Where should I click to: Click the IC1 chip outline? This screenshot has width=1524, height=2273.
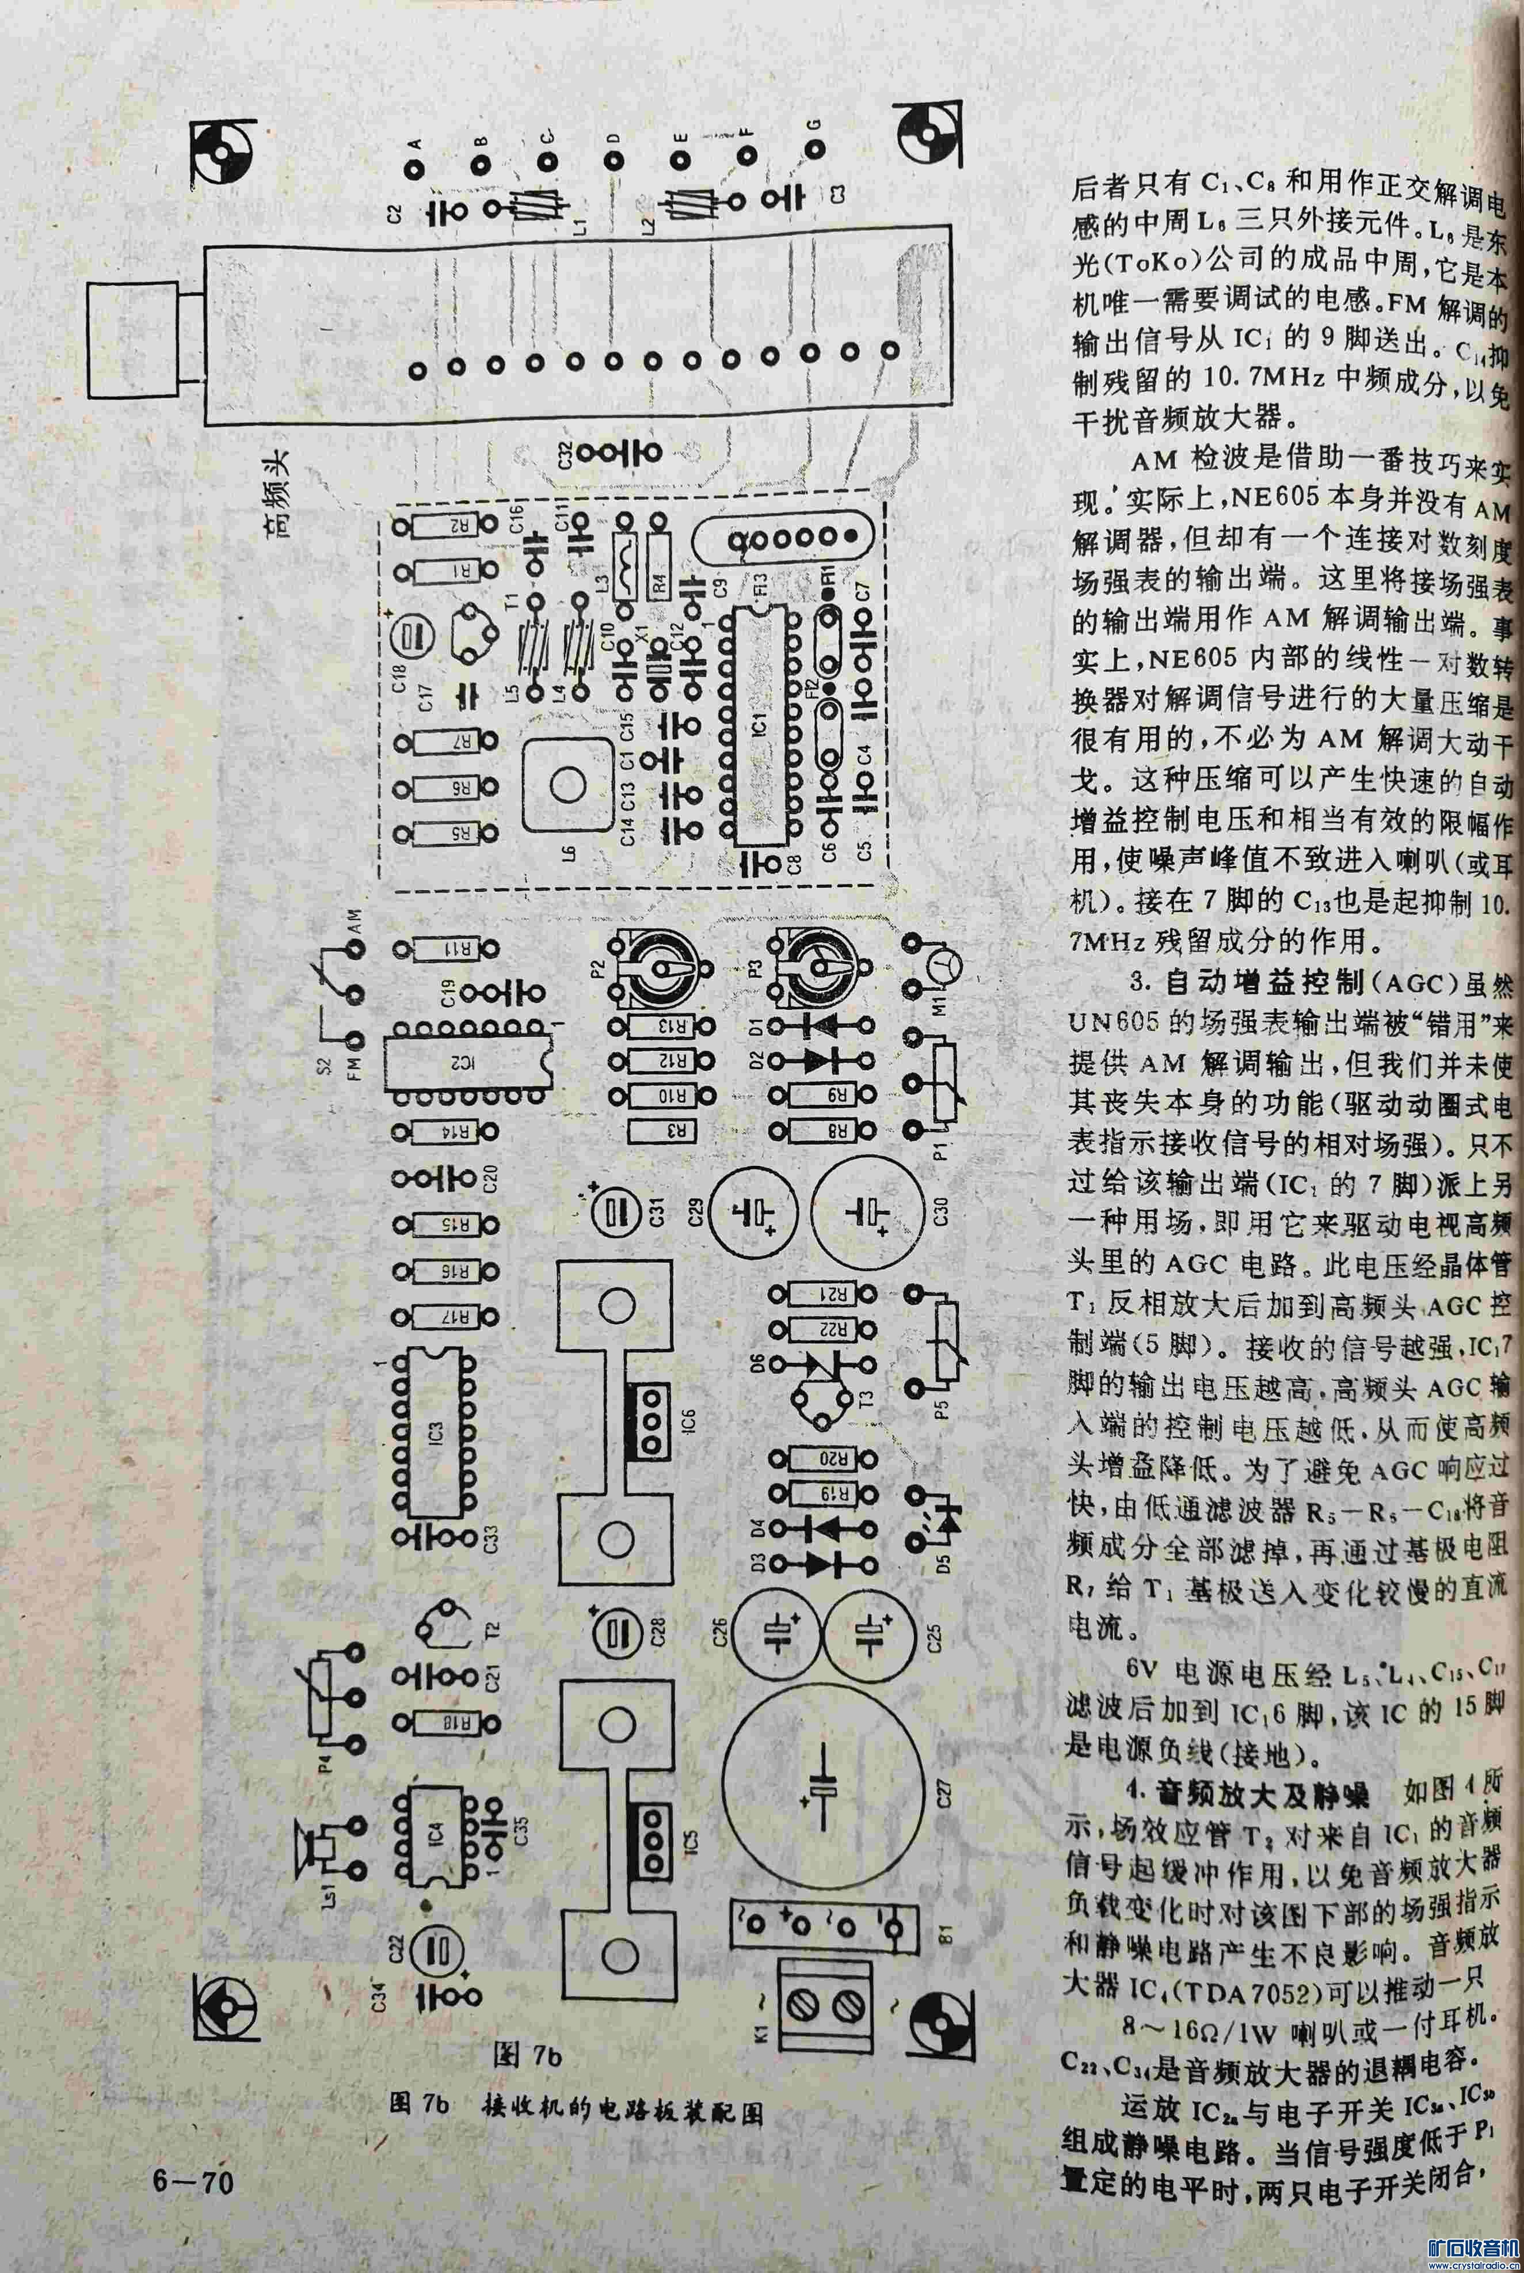pyautogui.click(x=760, y=724)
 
